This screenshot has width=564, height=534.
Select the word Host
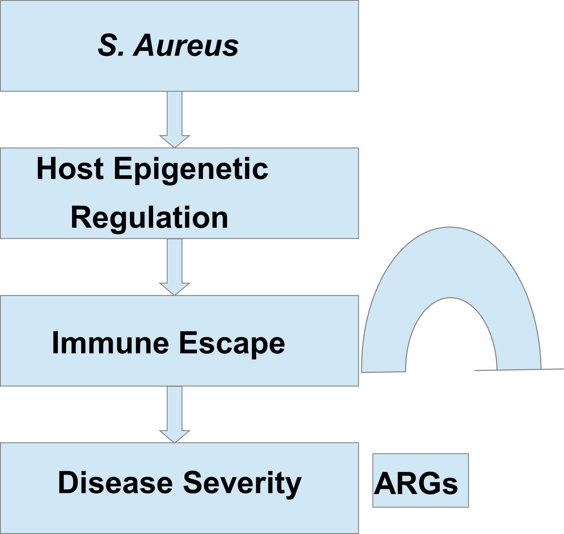[x=70, y=169]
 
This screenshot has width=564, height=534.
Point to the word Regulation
[x=149, y=218]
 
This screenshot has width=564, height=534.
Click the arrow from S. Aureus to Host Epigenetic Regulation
[x=174, y=119]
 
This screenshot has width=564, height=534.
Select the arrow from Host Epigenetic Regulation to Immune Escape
[x=174, y=267]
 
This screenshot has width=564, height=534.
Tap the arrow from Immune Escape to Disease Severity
[x=174, y=415]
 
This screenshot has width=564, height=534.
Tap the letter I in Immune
[x=55, y=343]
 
